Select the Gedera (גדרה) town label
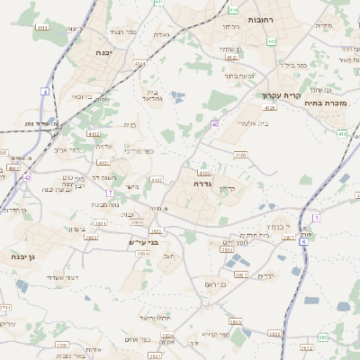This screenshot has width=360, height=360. pos(201,183)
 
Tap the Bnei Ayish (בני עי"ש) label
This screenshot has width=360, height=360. pos(144,241)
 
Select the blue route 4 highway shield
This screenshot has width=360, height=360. pos(45,91)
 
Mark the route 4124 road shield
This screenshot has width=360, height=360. pos(139,64)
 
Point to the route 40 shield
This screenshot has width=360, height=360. pos(214,123)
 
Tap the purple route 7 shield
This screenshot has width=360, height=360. pos(109,193)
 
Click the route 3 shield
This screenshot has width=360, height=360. pos(316,218)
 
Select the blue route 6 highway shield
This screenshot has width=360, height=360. pos(304,241)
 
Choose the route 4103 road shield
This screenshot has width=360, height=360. pos(239,155)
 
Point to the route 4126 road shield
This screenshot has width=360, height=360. pos(270,107)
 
